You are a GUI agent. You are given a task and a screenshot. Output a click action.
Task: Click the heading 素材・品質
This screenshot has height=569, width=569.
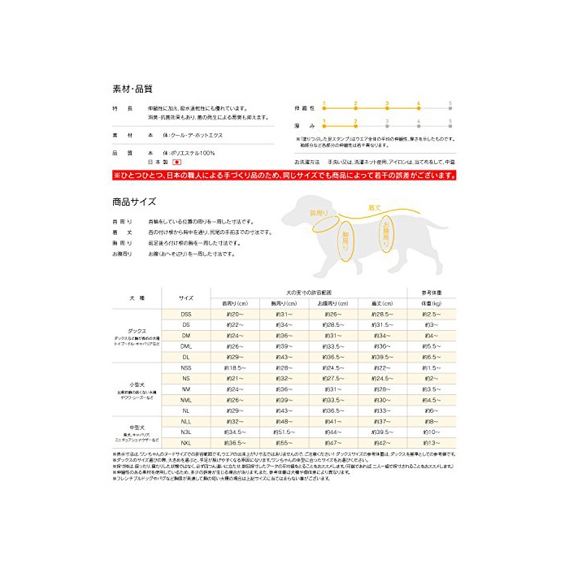(x=132, y=87)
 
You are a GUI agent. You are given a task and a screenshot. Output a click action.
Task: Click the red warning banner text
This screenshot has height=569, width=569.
(x=284, y=175)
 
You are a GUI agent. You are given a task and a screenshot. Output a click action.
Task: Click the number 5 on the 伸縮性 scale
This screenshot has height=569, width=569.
(x=449, y=103)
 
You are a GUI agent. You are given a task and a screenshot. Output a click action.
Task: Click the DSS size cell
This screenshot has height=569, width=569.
(x=186, y=315)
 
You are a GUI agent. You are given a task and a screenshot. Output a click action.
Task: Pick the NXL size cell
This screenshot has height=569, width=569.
(x=186, y=443)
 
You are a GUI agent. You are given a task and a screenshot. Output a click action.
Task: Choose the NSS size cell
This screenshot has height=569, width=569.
(x=186, y=368)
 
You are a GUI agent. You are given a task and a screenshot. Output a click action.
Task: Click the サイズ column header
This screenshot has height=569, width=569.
(x=186, y=298)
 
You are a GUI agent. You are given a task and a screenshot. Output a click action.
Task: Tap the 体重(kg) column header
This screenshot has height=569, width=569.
(x=431, y=303)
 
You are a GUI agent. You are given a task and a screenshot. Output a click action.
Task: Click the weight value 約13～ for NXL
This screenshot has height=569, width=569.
(x=431, y=443)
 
